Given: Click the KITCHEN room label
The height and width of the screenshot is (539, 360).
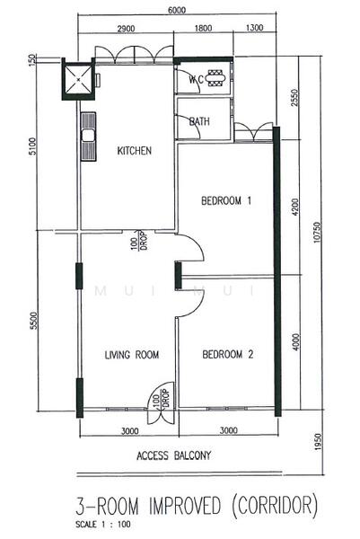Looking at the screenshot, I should pyautogui.click(x=134, y=151).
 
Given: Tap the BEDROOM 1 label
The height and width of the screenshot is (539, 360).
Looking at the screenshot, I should pyautogui.click(x=224, y=202).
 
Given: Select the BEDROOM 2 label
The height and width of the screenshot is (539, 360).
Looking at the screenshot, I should pyautogui.click(x=227, y=355).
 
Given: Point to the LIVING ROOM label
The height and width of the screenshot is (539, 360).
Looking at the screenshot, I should pyautogui.click(x=131, y=355).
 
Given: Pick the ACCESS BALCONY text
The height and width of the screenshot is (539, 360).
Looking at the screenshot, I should pyautogui.click(x=173, y=455).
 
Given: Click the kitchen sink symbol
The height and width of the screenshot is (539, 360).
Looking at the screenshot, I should pyautogui.click(x=89, y=137).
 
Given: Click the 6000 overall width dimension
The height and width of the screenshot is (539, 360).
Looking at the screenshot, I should pyautogui.click(x=176, y=10).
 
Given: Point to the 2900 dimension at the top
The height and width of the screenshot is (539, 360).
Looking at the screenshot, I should pyautogui.click(x=126, y=31).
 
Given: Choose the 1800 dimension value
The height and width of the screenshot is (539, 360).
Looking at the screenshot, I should pyautogui.click(x=204, y=31).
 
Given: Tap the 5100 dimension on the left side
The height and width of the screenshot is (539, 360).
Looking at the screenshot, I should pyautogui.click(x=33, y=146).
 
